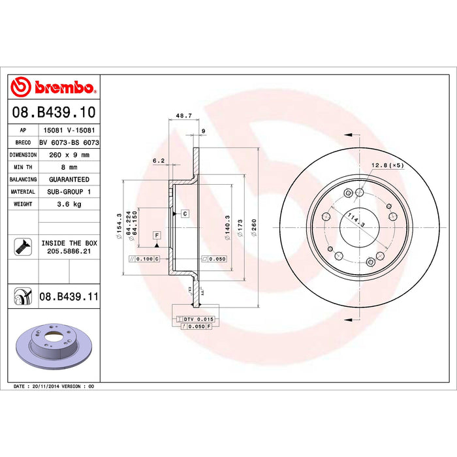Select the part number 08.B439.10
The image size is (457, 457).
[54, 113]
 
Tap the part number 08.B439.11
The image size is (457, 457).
[69, 296]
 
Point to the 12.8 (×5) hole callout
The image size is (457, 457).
[388, 165]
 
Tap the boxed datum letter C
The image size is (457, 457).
[185, 213]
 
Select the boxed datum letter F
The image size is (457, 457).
[157, 234]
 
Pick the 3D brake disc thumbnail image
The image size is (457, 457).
[54, 344]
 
